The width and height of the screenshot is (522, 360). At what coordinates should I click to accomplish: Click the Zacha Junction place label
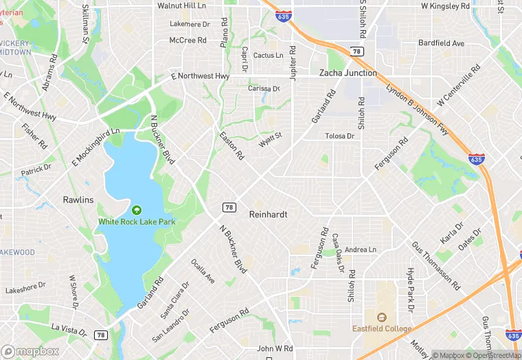pos(348,73)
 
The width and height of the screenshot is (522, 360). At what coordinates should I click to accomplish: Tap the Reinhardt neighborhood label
pos(268,214)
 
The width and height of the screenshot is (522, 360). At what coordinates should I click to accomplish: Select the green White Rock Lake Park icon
pos(136,210)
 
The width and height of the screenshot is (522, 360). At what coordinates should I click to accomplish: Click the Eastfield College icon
pos(382,317)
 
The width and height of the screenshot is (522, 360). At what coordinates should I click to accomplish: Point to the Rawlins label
pos(78,200)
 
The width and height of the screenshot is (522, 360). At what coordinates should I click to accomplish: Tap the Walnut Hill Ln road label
pos(181,5)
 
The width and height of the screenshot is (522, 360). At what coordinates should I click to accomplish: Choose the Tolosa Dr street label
pos(339,136)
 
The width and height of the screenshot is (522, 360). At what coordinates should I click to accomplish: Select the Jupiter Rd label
pos(293,63)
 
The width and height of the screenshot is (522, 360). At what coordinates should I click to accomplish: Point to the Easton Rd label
pos(231,146)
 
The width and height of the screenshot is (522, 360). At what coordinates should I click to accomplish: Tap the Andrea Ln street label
pos(361,249)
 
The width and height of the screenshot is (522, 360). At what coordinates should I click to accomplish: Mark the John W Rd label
pos(275,349)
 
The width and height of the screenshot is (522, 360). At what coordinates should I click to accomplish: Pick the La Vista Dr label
pos(69,329)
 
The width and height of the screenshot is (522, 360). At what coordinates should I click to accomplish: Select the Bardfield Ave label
pos(442,43)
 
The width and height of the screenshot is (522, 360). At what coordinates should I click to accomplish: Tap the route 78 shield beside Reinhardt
pos(229,207)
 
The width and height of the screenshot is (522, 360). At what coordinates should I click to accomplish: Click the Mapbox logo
pos(30,351)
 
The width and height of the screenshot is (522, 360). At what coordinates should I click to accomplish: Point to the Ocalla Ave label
pos(203,271)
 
